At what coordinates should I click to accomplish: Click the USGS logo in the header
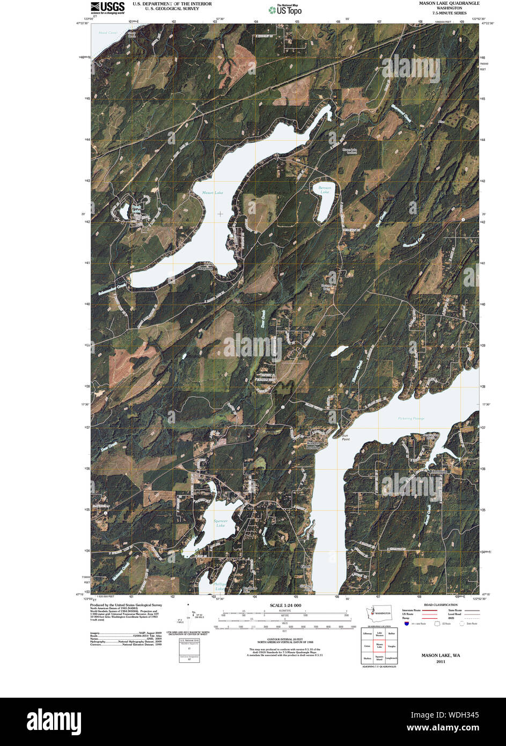pyautogui.click(x=107, y=7)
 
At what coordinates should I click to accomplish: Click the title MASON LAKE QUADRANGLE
pyautogui.click(x=442, y=3)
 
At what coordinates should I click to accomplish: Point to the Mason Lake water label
pyautogui.click(x=212, y=193)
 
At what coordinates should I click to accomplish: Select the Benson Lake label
pyautogui.click(x=325, y=189)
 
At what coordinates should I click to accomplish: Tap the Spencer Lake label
pyautogui.click(x=221, y=523)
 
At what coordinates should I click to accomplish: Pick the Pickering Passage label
pyautogui.click(x=412, y=419)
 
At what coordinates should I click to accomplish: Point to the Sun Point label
pyautogui.click(x=346, y=437)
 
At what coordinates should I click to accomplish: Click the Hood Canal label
pyautogui.click(x=107, y=33)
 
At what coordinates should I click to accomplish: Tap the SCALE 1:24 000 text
pyautogui.click(x=285, y=605)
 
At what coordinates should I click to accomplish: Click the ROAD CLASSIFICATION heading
pyautogui.click(x=441, y=605)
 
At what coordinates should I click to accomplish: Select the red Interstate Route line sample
pyautogui.click(x=429, y=610)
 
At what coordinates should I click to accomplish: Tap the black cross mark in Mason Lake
pyautogui.click(x=220, y=214)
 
